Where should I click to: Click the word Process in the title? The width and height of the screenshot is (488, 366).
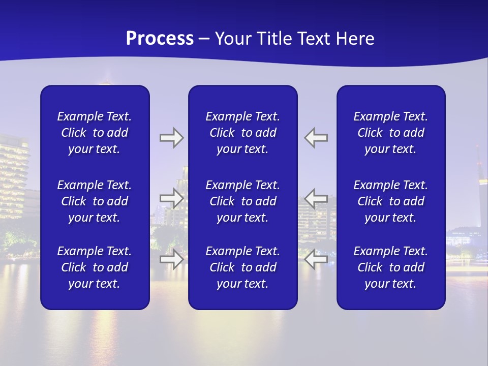(x=160, y=39)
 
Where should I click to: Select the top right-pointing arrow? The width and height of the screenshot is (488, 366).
(x=171, y=138)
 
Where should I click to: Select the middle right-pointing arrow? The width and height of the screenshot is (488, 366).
(x=171, y=198)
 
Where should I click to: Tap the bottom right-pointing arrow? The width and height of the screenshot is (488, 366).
(x=171, y=259)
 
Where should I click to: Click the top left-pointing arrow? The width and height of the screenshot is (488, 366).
(x=316, y=138)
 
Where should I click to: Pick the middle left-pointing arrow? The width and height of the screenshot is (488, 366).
(x=316, y=198)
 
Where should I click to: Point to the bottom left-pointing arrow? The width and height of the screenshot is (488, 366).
(x=316, y=259)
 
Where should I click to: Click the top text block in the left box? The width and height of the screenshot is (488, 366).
(x=95, y=133)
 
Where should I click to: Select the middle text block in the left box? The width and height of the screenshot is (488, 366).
(x=95, y=201)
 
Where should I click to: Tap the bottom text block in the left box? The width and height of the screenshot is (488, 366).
(x=95, y=267)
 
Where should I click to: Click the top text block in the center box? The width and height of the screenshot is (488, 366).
(x=242, y=133)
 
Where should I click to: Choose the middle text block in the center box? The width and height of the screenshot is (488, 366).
(x=242, y=201)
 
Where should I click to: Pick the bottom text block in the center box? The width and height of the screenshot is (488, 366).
(x=242, y=267)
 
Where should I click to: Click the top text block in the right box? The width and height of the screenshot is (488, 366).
(x=390, y=133)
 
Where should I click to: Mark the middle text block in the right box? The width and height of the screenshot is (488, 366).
(x=390, y=201)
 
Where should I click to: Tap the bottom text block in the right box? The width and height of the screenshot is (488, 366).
(x=390, y=267)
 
